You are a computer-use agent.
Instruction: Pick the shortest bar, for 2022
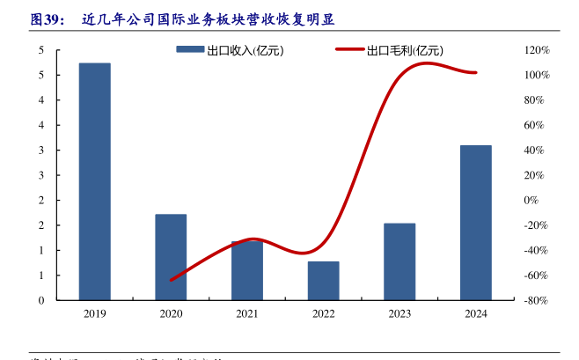(x=323, y=281)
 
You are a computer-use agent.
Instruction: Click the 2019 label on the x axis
(x=95, y=312)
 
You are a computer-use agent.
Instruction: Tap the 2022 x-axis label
(x=323, y=312)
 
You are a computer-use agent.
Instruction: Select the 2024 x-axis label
(x=475, y=312)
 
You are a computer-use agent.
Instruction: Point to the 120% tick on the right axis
(x=537, y=51)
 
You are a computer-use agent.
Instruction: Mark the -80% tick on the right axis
(x=537, y=300)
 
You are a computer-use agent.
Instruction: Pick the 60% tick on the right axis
(x=535, y=126)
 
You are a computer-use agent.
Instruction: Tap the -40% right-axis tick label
(x=537, y=251)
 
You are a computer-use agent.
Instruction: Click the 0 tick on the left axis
(x=41, y=300)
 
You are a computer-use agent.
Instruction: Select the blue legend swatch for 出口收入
(x=188, y=50)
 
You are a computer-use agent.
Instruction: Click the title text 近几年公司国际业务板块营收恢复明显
(x=208, y=18)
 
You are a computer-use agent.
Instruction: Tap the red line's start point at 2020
(x=171, y=280)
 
